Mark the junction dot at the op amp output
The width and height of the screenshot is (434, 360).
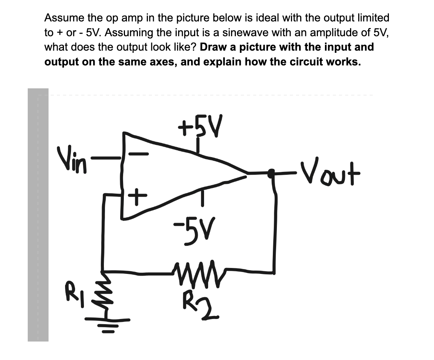tap(272, 172)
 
